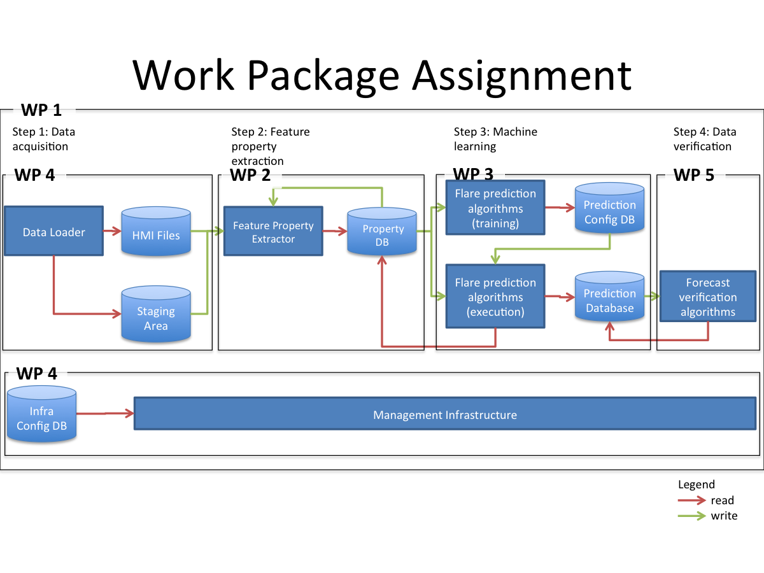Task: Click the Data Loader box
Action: pos(53,232)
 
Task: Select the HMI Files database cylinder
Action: pos(156,233)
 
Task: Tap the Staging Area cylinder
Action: pos(156,316)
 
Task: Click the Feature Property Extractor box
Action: pos(273,232)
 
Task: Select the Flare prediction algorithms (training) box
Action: pos(495,208)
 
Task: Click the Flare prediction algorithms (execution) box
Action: pos(495,297)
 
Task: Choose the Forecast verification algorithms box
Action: pos(707,297)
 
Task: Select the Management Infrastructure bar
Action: pos(444,414)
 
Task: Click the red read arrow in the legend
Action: pos(692,500)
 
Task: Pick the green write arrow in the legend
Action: pos(692,516)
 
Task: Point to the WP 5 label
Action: pos(694,175)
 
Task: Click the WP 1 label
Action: pos(41,110)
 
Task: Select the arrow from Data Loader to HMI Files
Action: pos(112,232)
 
